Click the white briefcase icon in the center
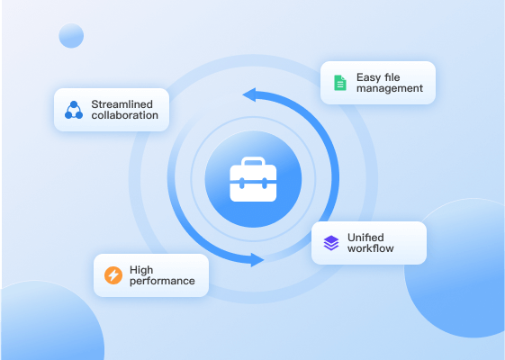coord(253,179)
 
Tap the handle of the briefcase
coord(253,161)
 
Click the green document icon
coord(340,83)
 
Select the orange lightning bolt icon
coord(113,275)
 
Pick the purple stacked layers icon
coord(331,243)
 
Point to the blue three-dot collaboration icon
coord(74,110)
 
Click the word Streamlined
coord(122,104)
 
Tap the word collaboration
coord(124,115)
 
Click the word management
coord(390,88)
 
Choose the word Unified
coord(365,238)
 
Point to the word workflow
coord(371,248)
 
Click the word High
coord(141,270)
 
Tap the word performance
coord(162,281)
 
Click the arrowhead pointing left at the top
coord(249,94)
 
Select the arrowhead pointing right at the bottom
coord(257,260)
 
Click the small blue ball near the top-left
coord(71,36)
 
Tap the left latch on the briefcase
coord(241,184)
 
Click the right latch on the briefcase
coord(265,184)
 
